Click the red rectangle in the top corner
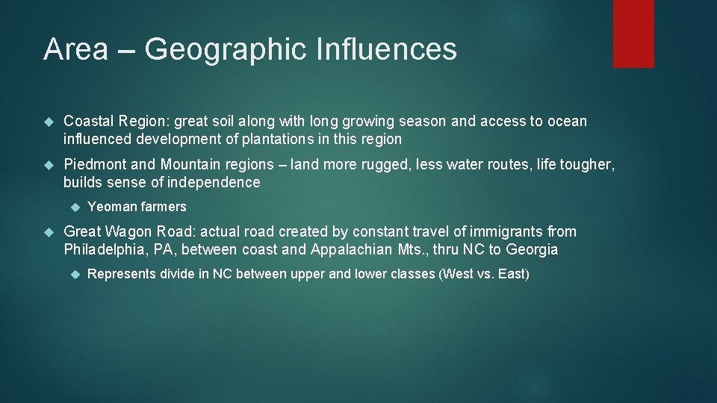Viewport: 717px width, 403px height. [633, 34]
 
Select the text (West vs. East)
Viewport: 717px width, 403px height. [485, 274]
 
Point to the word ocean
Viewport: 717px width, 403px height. [567, 121]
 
